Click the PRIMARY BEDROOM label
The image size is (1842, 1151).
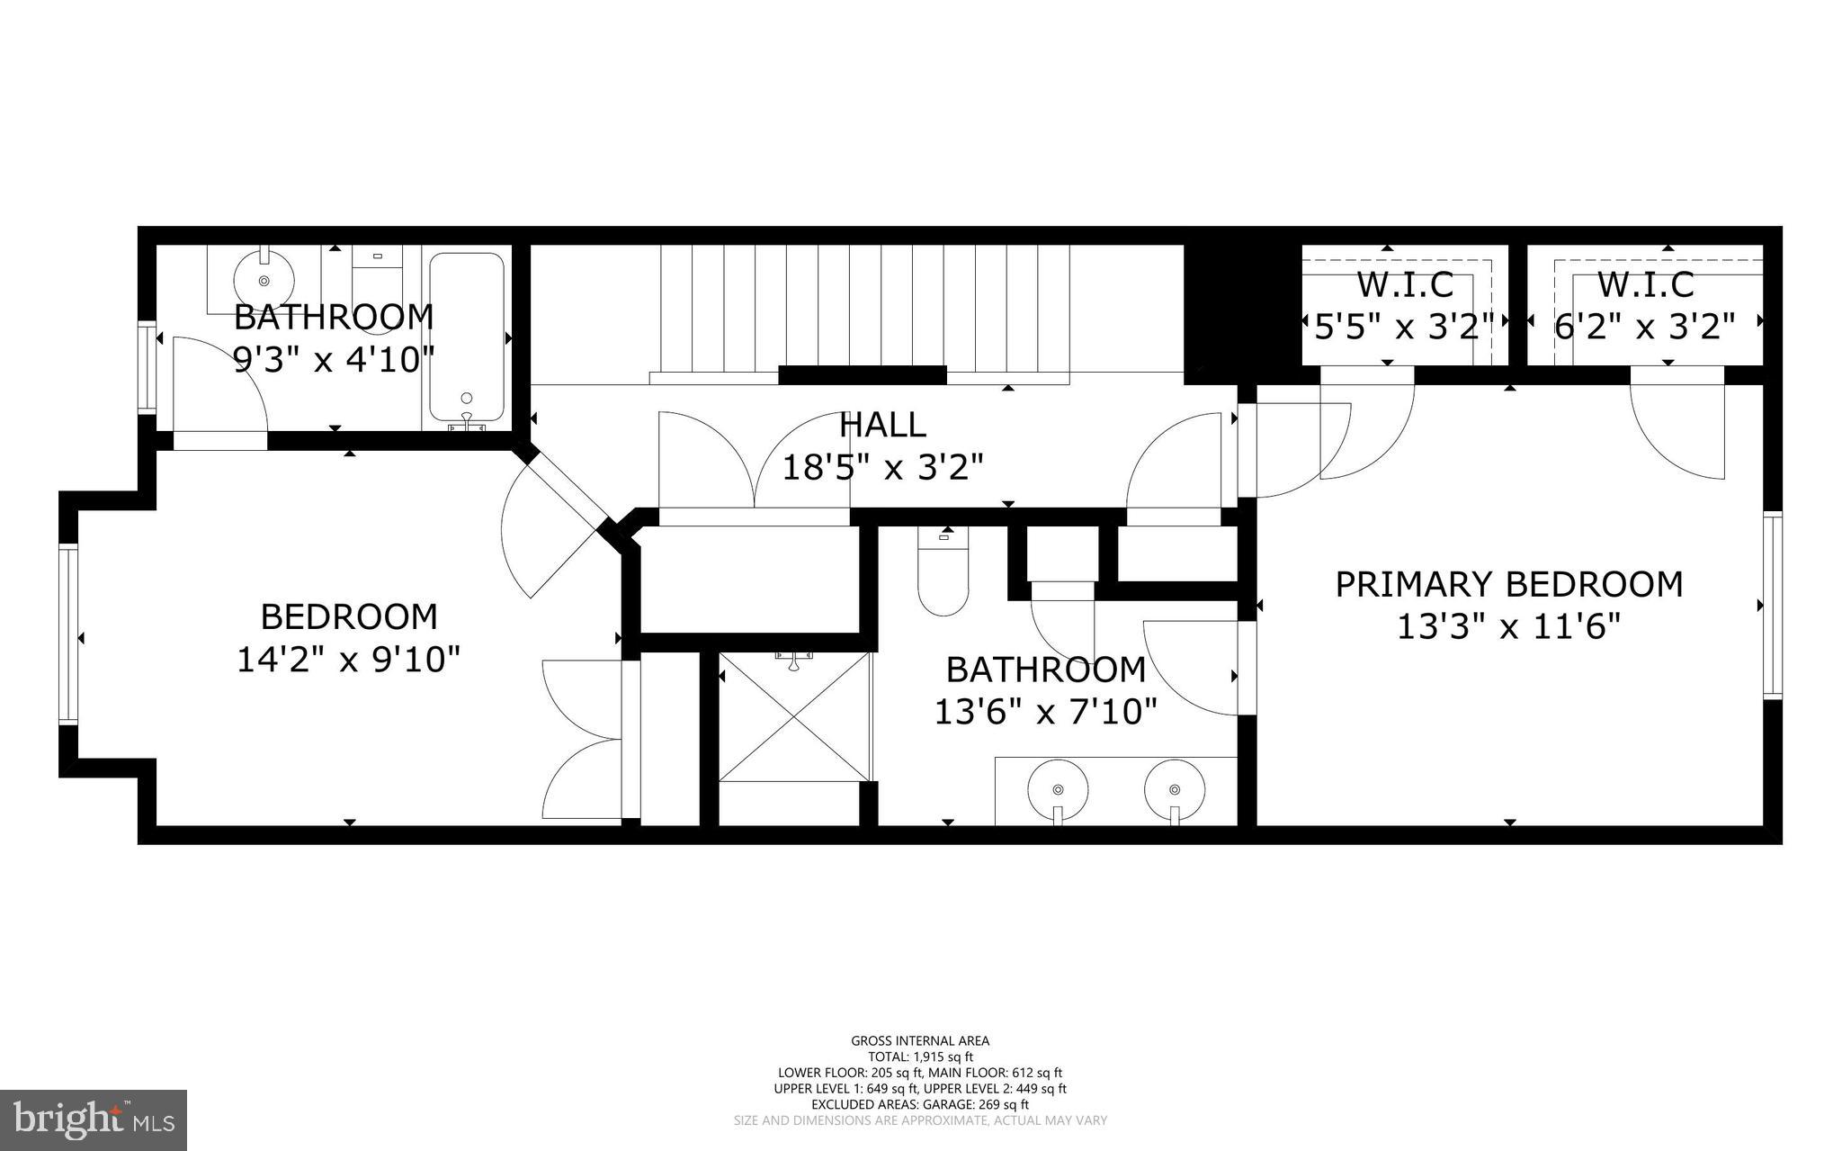(1508, 584)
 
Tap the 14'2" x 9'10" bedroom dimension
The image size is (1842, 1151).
(348, 660)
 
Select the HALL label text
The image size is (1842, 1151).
(881, 424)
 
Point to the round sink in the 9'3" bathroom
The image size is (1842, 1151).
(264, 279)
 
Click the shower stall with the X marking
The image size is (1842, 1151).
(795, 717)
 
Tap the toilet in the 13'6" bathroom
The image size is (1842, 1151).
(943, 577)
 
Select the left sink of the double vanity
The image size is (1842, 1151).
(1058, 789)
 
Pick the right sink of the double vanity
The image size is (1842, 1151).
(1174, 789)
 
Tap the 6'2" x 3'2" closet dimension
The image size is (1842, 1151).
(1644, 326)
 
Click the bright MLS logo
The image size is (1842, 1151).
(94, 1120)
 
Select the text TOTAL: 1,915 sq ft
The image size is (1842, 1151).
(920, 1057)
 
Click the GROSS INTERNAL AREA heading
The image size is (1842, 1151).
(920, 1041)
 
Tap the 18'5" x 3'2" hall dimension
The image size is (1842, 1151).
(881, 467)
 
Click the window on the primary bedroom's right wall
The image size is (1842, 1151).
(1772, 605)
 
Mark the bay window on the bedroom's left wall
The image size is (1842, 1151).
(68, 634)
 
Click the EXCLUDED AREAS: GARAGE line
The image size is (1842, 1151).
(920, 1104)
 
